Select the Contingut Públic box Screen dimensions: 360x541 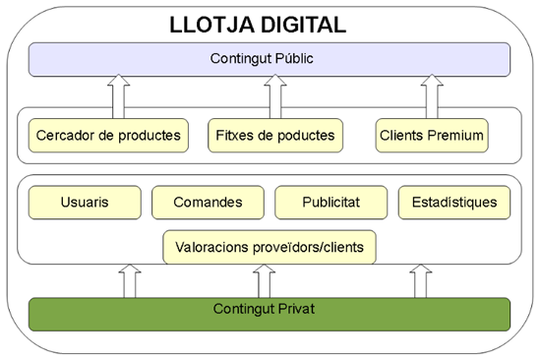click(269, 59)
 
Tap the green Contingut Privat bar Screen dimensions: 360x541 click(269, 312)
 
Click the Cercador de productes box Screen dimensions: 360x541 click(107, 135)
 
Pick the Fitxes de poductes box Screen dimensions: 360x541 click(272, 135)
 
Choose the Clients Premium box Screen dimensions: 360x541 click(432, 135)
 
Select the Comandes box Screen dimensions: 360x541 click(208, 203)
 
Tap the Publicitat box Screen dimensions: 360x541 click(331, 203)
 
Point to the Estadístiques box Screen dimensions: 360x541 click(454, 203)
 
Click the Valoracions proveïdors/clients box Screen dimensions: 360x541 click(269, 246)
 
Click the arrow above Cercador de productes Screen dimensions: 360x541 click(118, 95)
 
